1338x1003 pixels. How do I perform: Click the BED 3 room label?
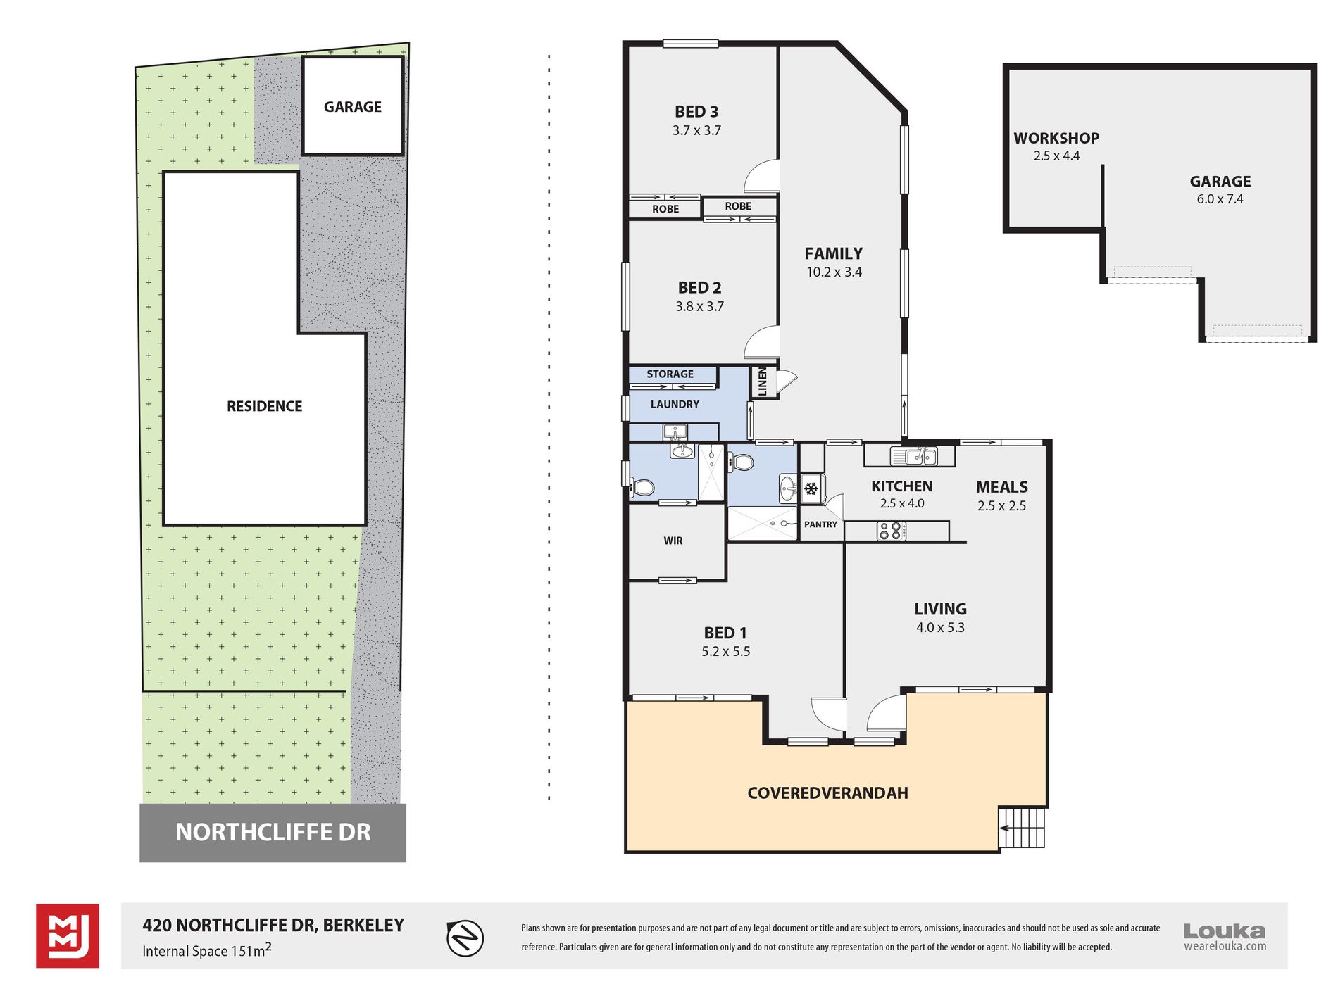point(696,112)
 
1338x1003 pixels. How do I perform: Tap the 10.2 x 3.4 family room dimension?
point(834,272)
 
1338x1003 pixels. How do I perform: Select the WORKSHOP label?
point(1056,139)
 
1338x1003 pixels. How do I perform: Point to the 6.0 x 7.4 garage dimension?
point(1220,199)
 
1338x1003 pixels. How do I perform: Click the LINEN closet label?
point(763,381)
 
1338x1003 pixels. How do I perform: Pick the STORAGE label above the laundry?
point(670,374)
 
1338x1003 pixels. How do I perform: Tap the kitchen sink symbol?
point(914,455)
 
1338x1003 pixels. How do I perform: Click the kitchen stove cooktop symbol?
point(891,531)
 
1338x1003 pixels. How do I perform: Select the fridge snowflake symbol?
point(811,488)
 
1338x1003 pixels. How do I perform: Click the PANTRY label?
point(821,524)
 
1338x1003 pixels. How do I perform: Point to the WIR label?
point(673,541)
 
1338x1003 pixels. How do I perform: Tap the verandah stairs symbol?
point(1021,828)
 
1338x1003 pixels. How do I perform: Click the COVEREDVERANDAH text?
point(827,793)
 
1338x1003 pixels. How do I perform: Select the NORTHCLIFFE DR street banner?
point(273,833)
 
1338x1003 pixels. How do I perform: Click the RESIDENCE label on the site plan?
point(264,406)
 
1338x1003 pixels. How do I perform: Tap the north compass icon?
point(465,938)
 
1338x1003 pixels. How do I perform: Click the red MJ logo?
point(68,936)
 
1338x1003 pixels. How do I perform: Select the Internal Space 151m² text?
point(207,950)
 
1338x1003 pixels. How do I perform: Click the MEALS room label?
point(1001,487)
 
